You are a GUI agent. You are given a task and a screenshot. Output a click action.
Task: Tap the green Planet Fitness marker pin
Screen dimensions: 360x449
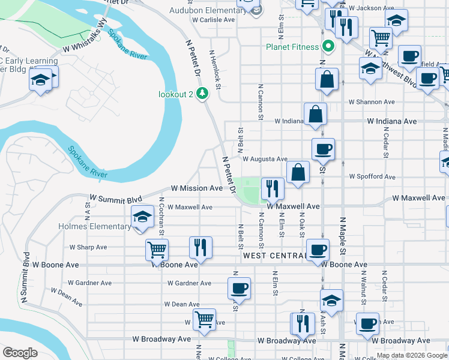(328, 46)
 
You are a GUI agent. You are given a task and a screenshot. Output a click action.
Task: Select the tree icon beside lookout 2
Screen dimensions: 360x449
(203, 94)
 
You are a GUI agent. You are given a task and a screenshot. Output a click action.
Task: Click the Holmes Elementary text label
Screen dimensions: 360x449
(94, 226)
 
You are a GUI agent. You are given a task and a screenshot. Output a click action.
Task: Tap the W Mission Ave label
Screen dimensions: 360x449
(197, 188)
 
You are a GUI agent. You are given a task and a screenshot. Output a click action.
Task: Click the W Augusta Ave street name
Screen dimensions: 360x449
(265, 159)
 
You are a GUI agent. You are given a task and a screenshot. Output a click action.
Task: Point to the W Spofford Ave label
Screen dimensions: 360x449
(372, 177)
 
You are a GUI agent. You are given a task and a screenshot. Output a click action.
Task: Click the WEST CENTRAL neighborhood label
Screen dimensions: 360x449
(275, 256)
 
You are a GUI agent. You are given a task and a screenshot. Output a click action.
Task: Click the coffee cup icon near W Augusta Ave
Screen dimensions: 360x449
(323, 149)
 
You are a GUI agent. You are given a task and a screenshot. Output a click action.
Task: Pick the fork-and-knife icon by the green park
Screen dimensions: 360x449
(272, 188)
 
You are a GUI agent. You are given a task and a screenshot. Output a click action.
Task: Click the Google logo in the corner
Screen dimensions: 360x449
(20, 353)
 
